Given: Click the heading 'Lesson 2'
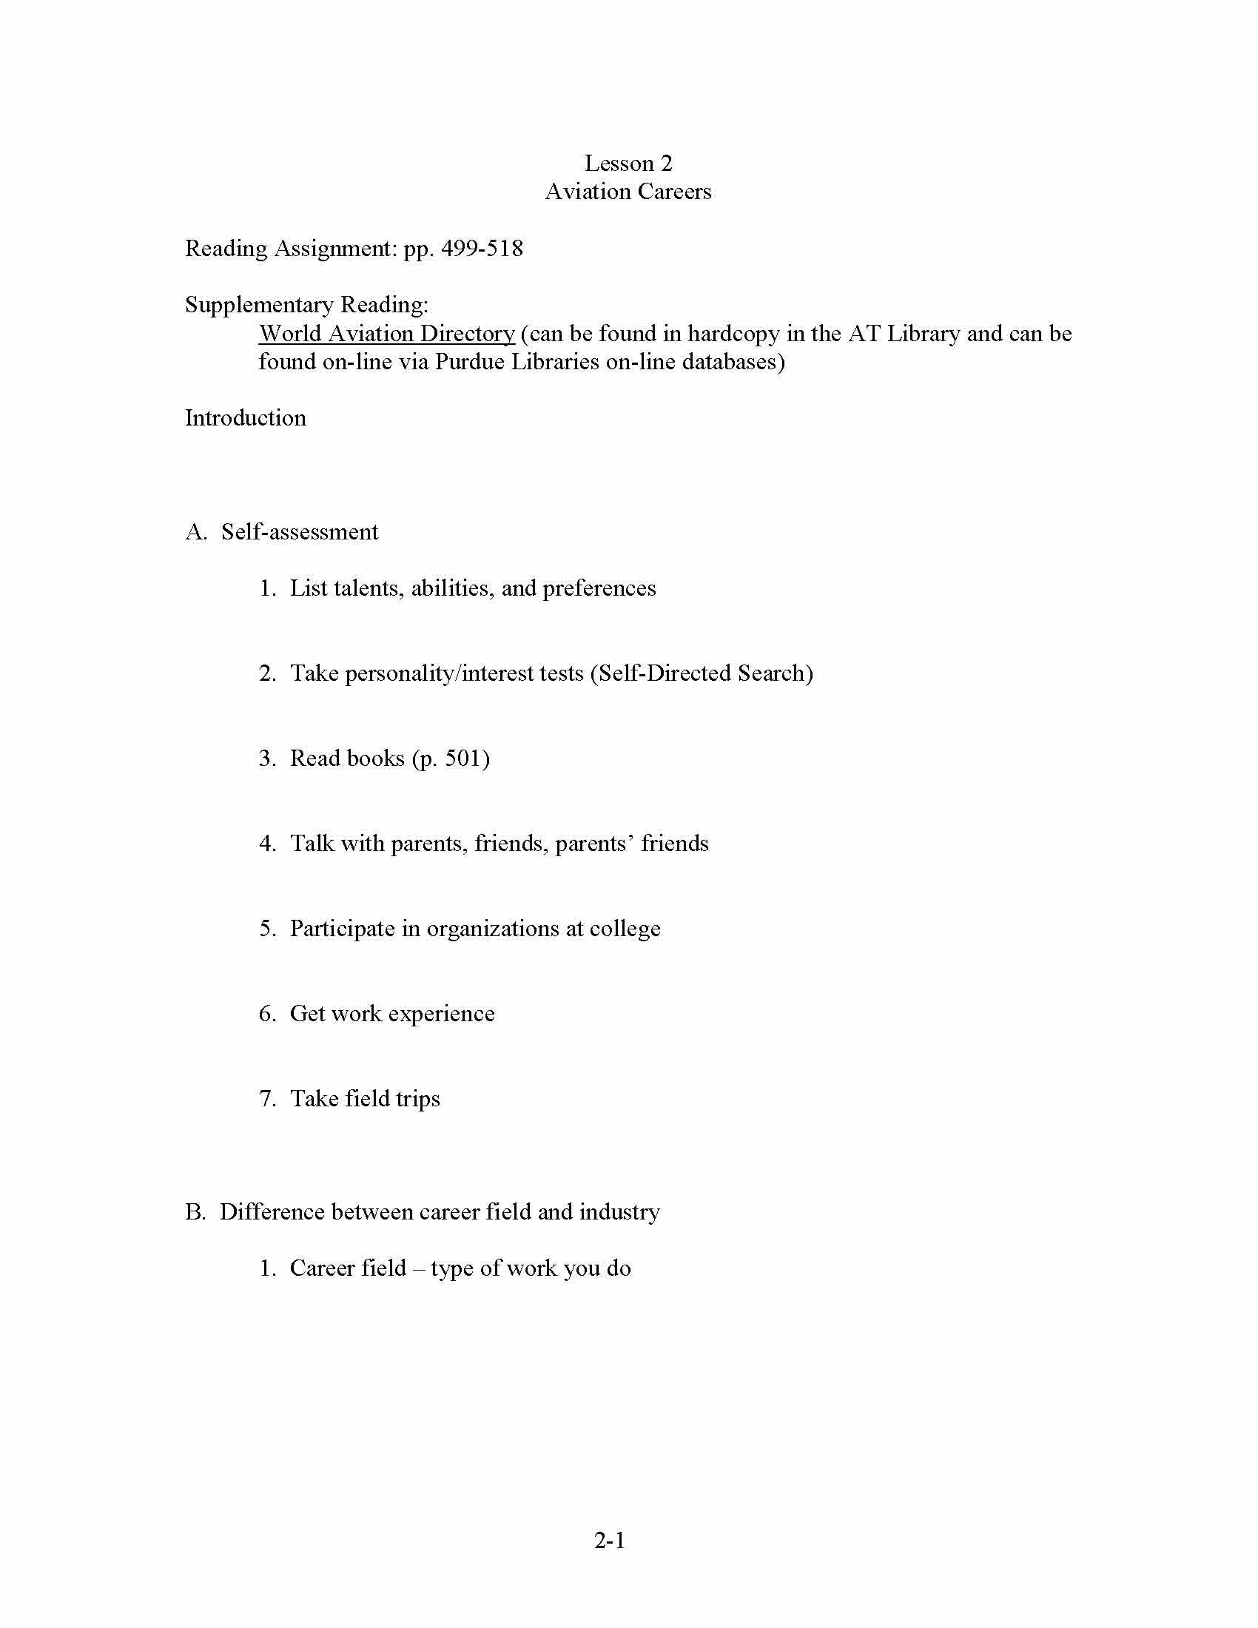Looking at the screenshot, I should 628,164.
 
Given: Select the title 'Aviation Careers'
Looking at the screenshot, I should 628,192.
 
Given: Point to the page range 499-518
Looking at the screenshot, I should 482,248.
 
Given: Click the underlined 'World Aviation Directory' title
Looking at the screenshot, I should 386,333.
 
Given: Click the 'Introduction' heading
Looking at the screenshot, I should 245,417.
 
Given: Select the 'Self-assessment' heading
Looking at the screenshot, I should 300,531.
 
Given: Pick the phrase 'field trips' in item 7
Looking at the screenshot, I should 392,1099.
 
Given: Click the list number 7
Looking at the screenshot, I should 267,1099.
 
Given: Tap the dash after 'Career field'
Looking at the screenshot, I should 418,1268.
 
